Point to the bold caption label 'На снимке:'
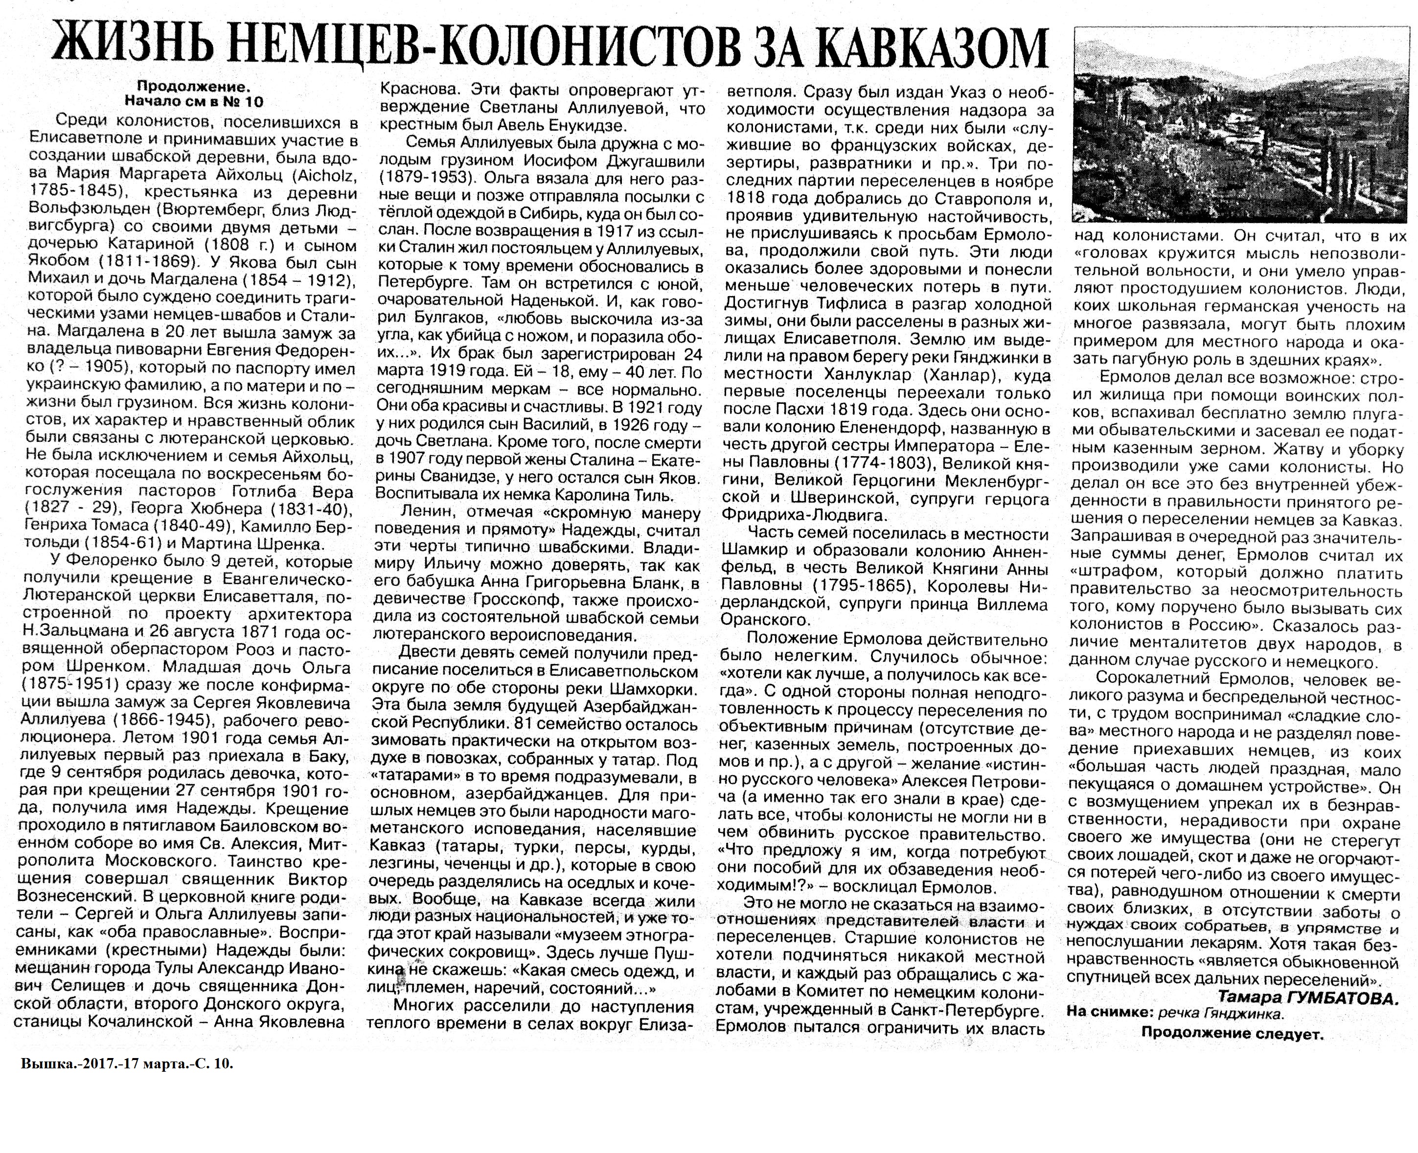click(x=1110, y=1014)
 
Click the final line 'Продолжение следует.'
click(x=1232, y=1034)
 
